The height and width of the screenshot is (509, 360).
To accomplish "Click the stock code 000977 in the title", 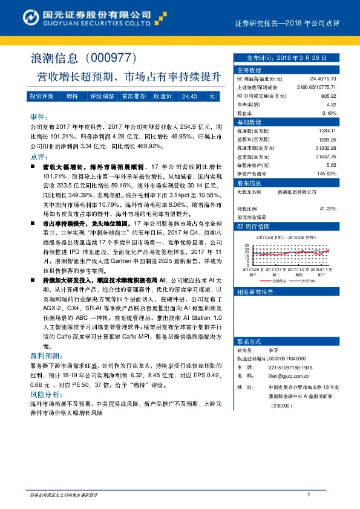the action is tap(114, 58).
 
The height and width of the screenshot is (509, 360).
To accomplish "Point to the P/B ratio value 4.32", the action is tap(331, 105).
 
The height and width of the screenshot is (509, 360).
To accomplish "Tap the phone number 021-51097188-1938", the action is tap(290, 367).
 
